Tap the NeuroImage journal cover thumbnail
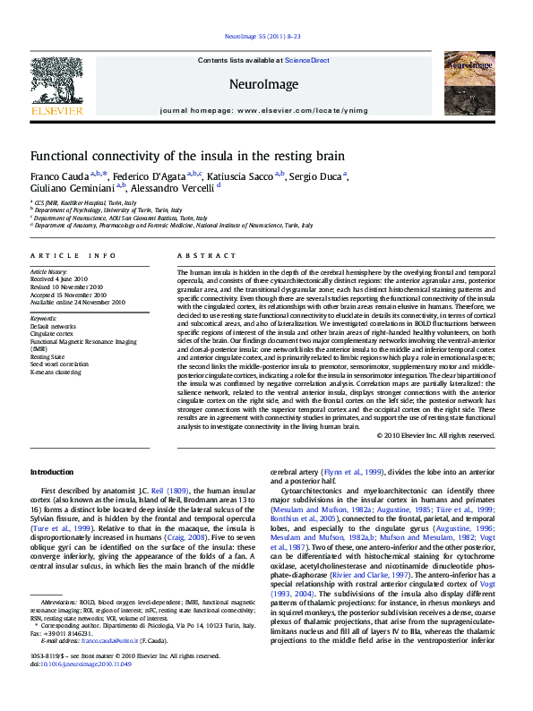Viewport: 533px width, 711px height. tap(470, 85)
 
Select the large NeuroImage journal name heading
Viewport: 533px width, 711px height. tap(265, 85)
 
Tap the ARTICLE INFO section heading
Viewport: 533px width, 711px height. tap(73, 256)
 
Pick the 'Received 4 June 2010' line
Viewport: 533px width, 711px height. tap(58, 278)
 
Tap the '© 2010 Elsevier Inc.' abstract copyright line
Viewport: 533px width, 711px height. tap(435, 435)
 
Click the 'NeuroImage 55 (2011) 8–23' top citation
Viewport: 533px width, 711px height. tap(266, 38)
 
